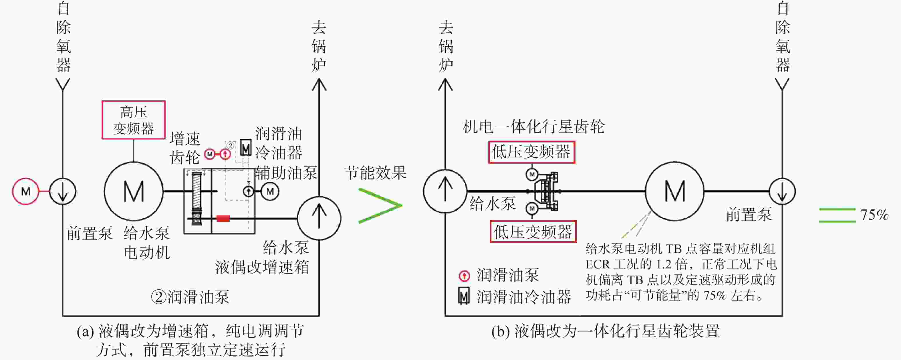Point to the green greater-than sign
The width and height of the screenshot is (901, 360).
[x=380, y=206]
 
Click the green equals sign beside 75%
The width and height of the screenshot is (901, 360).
[x=837, y=215]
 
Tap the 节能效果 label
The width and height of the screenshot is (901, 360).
[x=375, y=173]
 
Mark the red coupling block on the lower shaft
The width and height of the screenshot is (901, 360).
[x=223, y=219]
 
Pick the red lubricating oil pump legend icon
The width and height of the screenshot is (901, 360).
[x=464, y=276]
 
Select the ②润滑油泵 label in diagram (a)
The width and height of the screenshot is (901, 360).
[x=190, y=297]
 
